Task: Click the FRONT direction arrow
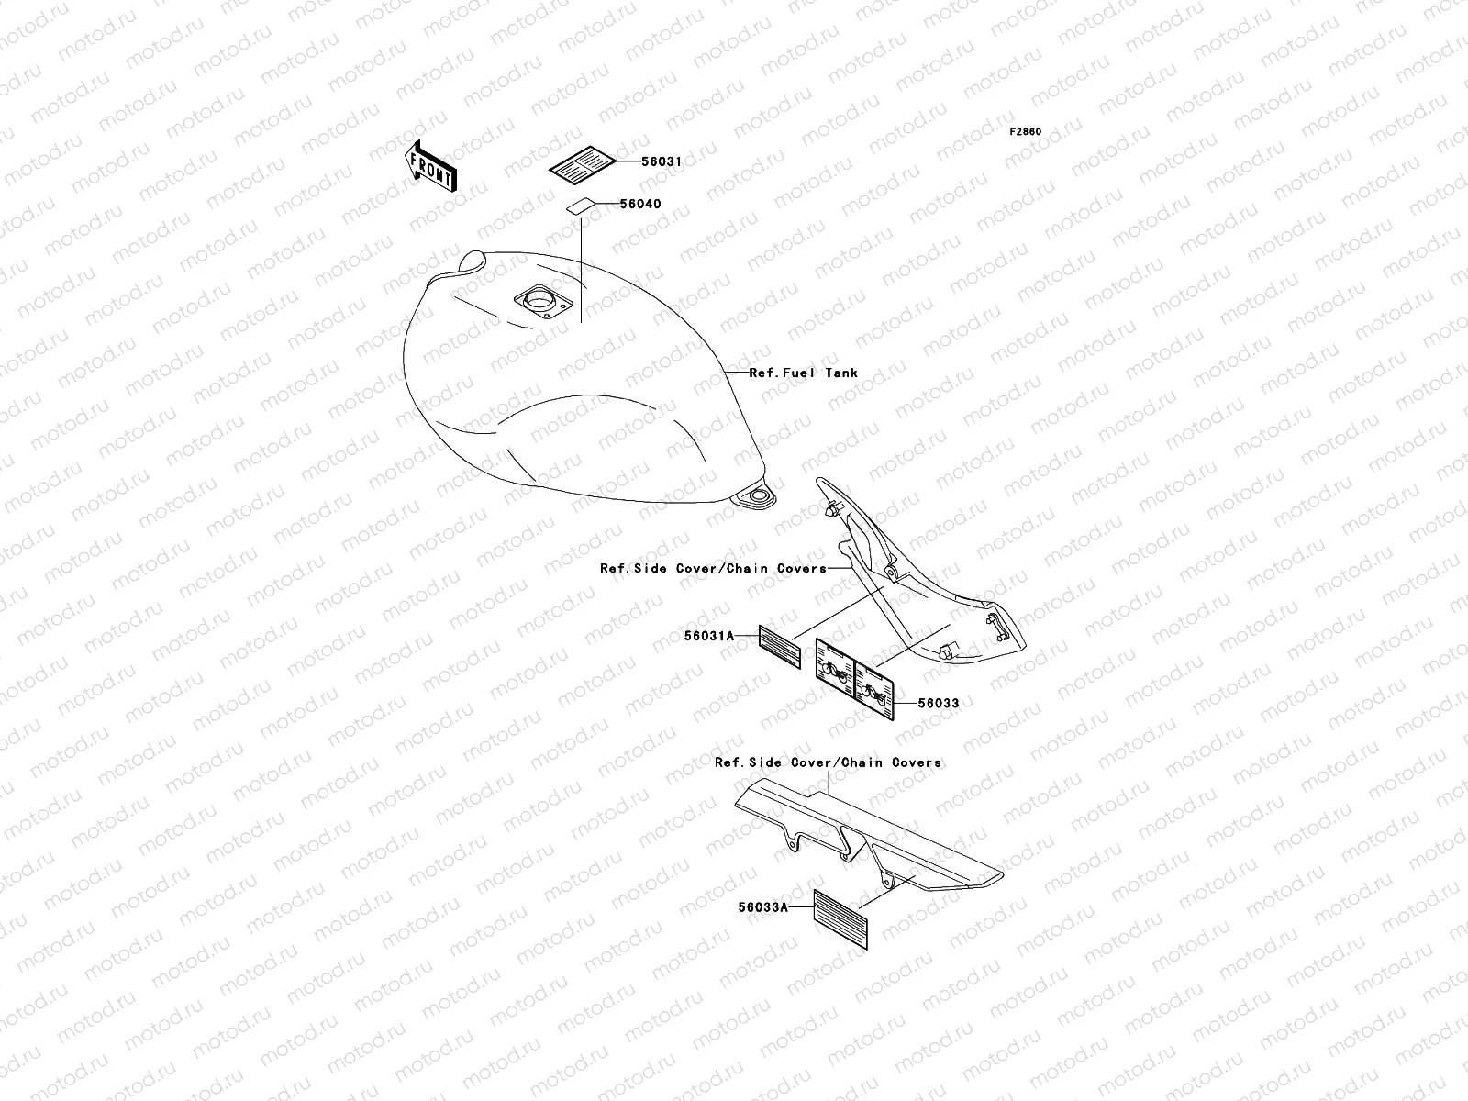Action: (x=430, y=165)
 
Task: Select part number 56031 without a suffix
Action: (x=662, y=161)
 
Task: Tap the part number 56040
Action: (x=639, y=205)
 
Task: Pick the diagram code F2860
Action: (x=1026, y=132)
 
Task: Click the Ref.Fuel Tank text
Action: (x=804, y=373)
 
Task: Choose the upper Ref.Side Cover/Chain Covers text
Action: (x=713, y=568)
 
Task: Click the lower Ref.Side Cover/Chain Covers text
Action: (x=828, y=762)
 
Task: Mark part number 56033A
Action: (x=762, y=907)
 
